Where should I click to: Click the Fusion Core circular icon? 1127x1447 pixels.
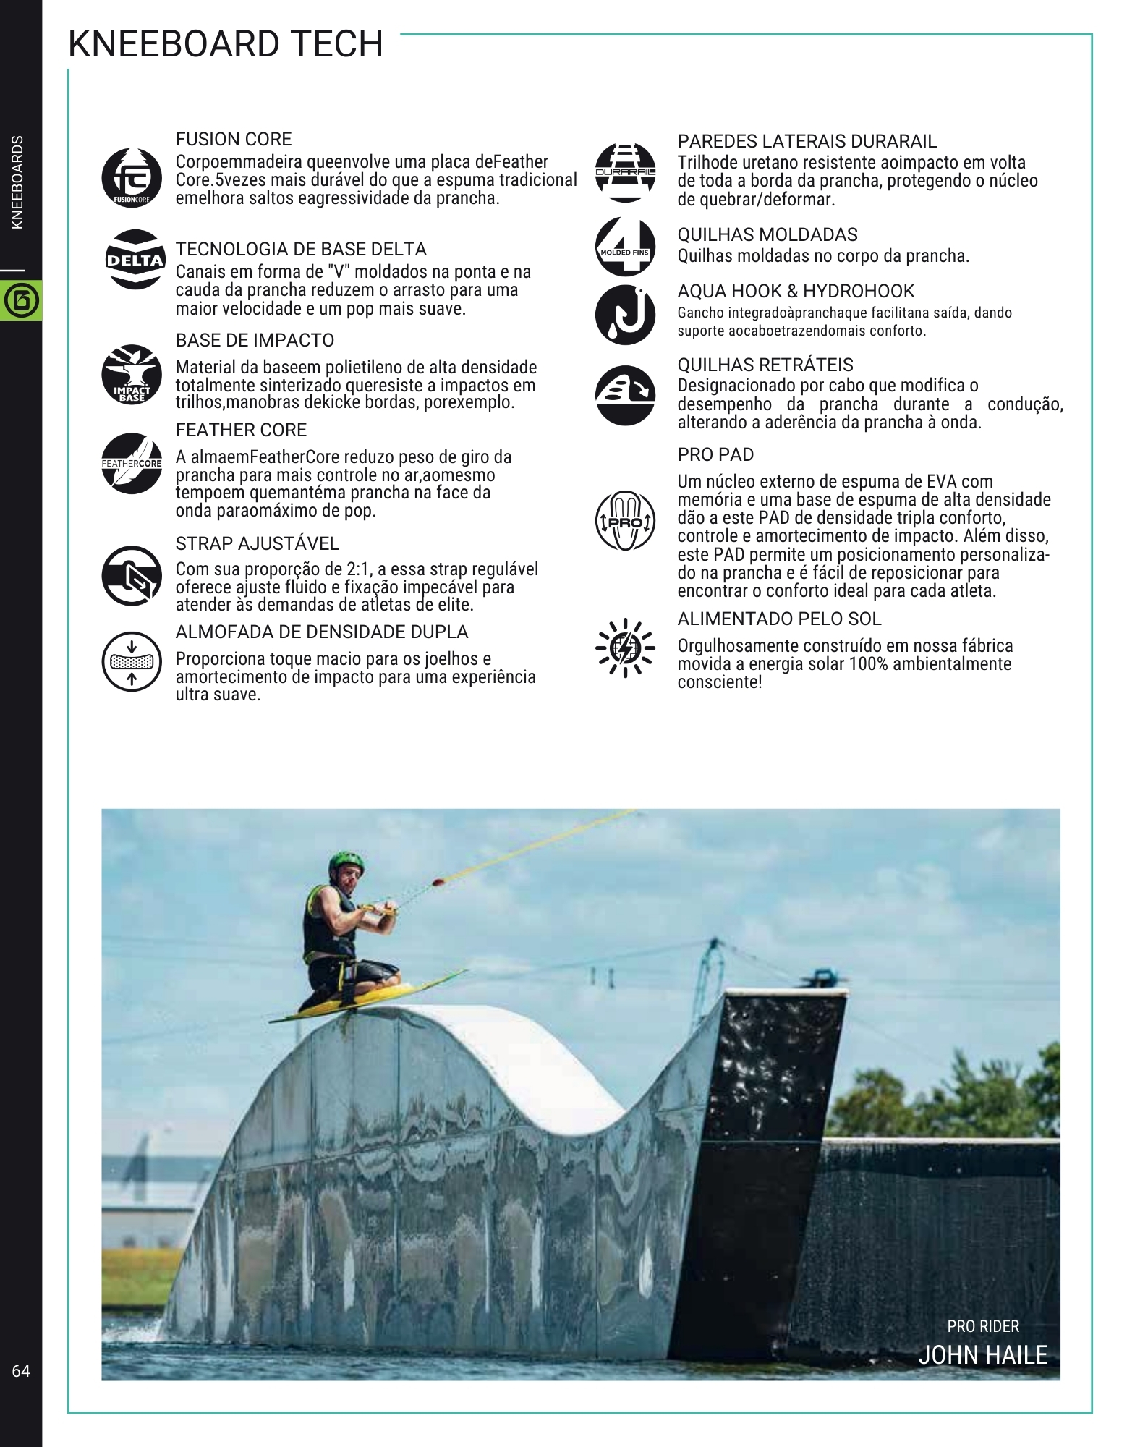point(132,178)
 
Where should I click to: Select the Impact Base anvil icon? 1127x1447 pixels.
point(132,375)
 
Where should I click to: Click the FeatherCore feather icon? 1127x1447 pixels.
point(132,463)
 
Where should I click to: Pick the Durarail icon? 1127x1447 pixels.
point(625,171)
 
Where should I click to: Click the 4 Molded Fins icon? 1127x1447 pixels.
point(625,246)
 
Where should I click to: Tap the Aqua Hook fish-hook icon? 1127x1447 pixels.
point(625,315)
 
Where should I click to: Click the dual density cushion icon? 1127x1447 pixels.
point(132,660)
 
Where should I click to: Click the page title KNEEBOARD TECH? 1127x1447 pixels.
point(225,44)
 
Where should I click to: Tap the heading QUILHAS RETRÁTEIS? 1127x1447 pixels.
point(765,365)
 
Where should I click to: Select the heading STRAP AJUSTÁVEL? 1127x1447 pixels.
point(257,543)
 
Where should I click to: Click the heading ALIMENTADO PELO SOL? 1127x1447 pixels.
point(779,619)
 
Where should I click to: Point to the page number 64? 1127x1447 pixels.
point(21,1371)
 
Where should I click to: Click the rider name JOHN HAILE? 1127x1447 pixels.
point(982,1355)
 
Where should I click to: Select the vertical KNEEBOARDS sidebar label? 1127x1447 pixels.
point(19,182)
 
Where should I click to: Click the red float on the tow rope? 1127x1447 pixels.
point(439,882)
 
